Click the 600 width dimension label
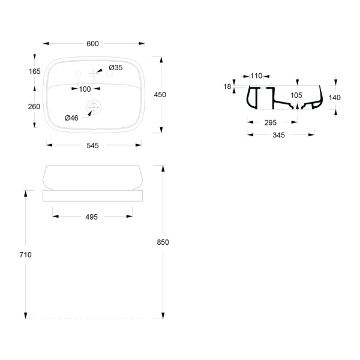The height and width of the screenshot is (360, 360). tap(92, 44)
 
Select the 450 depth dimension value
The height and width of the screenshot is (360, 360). tap(160, 95)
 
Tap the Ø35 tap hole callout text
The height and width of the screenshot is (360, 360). tap(116, 67)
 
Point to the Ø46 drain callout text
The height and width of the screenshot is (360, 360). tap(71, 118)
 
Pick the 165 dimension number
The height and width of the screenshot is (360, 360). tap(34, 71)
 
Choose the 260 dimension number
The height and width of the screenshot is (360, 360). tap(34, 107)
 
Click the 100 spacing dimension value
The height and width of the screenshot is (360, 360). tap(85, 89)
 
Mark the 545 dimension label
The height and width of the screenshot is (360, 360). tap(92, 146)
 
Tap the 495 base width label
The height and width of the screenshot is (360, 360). tap(91, 217)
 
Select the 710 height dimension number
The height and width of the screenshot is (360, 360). tap(25, 254)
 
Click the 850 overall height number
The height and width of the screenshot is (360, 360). tap(163, 242)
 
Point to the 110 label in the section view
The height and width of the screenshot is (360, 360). tap(256, 76)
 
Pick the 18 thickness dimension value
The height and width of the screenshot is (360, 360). tap(227, 86)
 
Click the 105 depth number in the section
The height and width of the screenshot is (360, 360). tap(296, 95)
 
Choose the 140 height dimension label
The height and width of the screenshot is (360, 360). tap(335, 98)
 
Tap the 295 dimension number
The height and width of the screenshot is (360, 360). tap(270, 122)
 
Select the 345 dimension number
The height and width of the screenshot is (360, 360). tap(278, 135)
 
